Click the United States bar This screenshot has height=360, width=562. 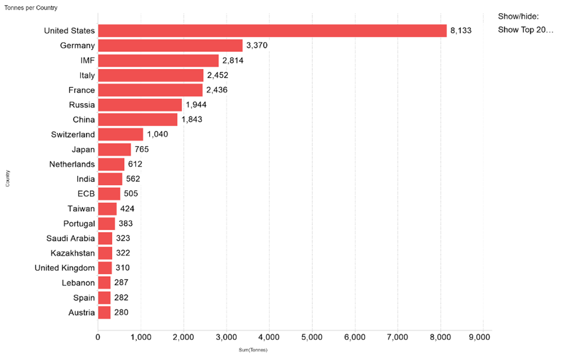[x=272, y=31]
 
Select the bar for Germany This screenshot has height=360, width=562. [x=170, y=45]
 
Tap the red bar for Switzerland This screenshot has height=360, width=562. [x=121, y=134]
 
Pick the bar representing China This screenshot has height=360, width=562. [x=137, y=119]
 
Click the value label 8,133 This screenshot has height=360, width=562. [x=461, y=31]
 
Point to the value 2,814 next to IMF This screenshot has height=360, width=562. [x=232, y=60]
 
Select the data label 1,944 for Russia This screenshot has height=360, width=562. [x=196, y=105]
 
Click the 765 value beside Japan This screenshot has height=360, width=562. [x=142, y=149]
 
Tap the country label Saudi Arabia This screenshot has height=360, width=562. [x=71, y=238]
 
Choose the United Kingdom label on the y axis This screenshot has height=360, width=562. [x=65, y=268]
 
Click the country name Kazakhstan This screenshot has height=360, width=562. [x=73, y=253]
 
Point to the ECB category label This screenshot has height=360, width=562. [x=86, y=194]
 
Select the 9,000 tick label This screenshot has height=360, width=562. [x=483, y=337]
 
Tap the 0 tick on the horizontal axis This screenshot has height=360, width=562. [x=98, y=337]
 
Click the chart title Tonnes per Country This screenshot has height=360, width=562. [x=31, y=8]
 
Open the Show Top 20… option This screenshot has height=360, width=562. [x=526, y=30]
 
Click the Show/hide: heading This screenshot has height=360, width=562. [x=518, y=16]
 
